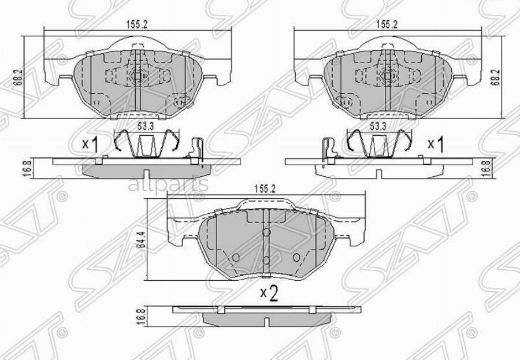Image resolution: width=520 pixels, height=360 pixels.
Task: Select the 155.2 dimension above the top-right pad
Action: point(387,25)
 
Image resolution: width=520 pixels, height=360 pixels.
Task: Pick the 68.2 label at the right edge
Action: point(495,75)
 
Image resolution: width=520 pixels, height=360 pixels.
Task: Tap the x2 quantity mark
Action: point(269,294)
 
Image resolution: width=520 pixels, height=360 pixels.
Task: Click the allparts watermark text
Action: point(168,185)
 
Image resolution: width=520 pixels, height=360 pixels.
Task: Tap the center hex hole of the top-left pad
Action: point(136,75)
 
